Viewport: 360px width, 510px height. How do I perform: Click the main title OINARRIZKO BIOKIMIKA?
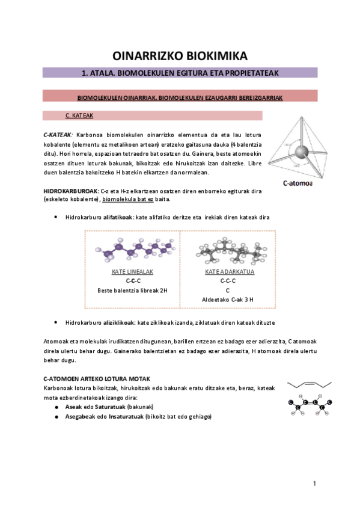[180, 56]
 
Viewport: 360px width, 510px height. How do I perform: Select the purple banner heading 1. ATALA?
[180, 73]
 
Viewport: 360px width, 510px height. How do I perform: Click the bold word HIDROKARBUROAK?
[65, 191]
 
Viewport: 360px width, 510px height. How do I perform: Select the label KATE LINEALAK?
[132, 272]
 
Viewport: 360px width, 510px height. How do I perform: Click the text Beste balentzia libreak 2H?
[132, 290]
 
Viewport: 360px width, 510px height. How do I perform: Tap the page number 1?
[314, 484]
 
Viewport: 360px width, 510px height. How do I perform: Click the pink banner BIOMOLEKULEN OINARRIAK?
[180, 97]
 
